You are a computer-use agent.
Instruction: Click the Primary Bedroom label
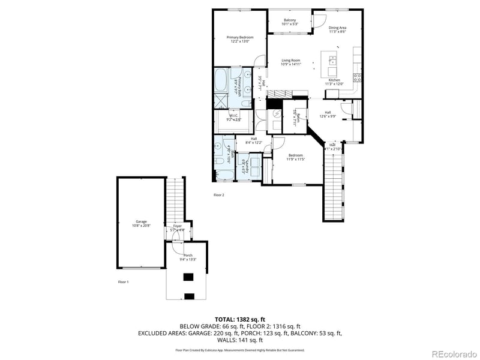tap(240, 40)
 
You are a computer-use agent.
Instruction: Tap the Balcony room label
tap(290, 22)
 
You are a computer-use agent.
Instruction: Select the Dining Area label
tap(337, 29)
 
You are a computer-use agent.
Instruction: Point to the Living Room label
tap(291, 62)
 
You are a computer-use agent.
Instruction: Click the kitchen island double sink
tap(331, 59)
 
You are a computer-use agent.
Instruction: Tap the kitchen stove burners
tap(358, 77)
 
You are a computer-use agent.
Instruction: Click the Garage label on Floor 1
tap(141, 223)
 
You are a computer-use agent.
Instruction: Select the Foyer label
tap(178, 227)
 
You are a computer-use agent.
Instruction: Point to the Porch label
tap(188, 257)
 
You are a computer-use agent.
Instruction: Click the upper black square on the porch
tap(189, 277)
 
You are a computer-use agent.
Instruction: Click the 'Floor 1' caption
tap(123, 281)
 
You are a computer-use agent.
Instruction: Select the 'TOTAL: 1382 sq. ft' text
tap(240, 319)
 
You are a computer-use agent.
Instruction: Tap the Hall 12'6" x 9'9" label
tap(328, 114)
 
